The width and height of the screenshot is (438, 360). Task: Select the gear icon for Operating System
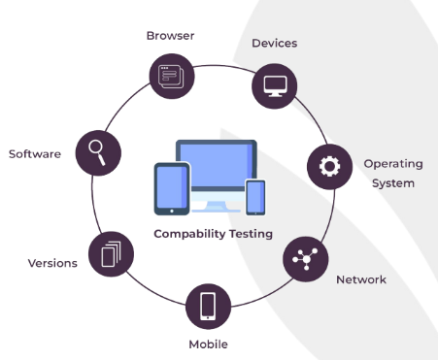329,166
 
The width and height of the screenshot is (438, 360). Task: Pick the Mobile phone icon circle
208,307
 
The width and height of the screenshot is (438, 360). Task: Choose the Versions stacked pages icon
110,254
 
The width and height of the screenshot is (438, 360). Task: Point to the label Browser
170,36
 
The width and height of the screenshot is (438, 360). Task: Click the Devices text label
274,43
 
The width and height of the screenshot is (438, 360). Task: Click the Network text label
360,279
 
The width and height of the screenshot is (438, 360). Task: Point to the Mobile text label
208,344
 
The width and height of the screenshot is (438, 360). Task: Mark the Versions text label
52,263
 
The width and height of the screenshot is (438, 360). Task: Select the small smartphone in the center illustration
254,197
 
